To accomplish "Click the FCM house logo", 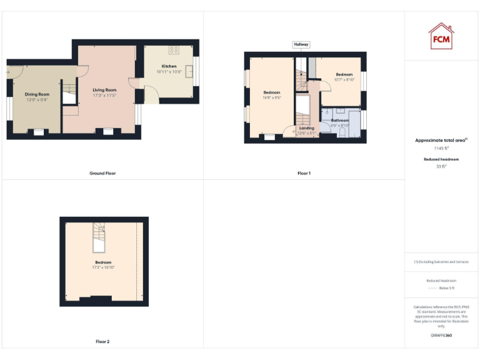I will (441, 35).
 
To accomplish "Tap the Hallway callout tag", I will (301, 44).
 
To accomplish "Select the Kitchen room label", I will (169, 66).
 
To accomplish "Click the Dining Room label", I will (36, 94).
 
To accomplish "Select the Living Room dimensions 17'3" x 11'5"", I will (104, 95).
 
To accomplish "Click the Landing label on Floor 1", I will (306, 128).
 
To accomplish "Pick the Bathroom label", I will (340, 120).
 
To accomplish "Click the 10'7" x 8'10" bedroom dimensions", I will (344, 79).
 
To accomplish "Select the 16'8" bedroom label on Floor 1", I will (272, 92).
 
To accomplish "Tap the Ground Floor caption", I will (102, 173).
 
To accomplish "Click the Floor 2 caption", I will (102, 342).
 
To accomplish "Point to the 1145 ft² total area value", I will (441, 149).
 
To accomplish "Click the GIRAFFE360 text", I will (441, 336).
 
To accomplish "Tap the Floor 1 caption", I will (304, 173).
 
